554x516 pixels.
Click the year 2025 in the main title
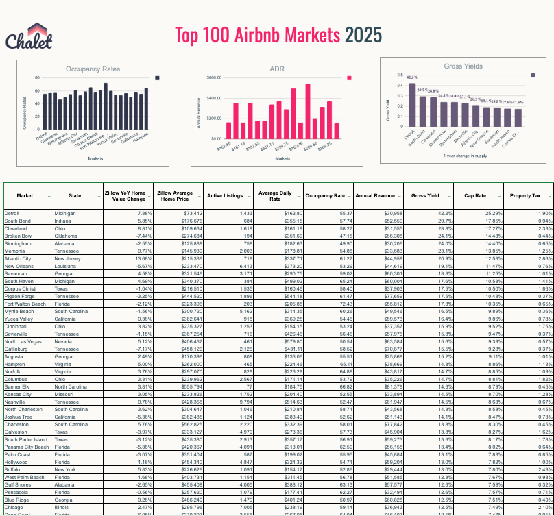[x=363, y=35]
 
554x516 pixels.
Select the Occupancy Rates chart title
[x=93, y=69]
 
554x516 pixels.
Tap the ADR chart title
[x=277, y=69]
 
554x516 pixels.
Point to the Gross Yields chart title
[x=463, y=66]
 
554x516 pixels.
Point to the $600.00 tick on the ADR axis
[x=212, y=78]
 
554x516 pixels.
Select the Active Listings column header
[x=225, y=195]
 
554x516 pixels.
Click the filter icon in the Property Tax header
[x=546, y=195]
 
